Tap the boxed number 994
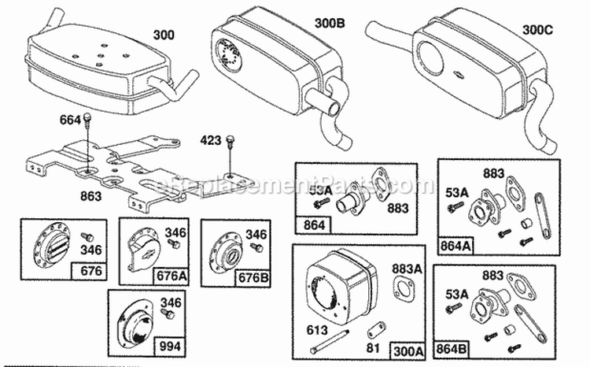(x=171, y=344)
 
